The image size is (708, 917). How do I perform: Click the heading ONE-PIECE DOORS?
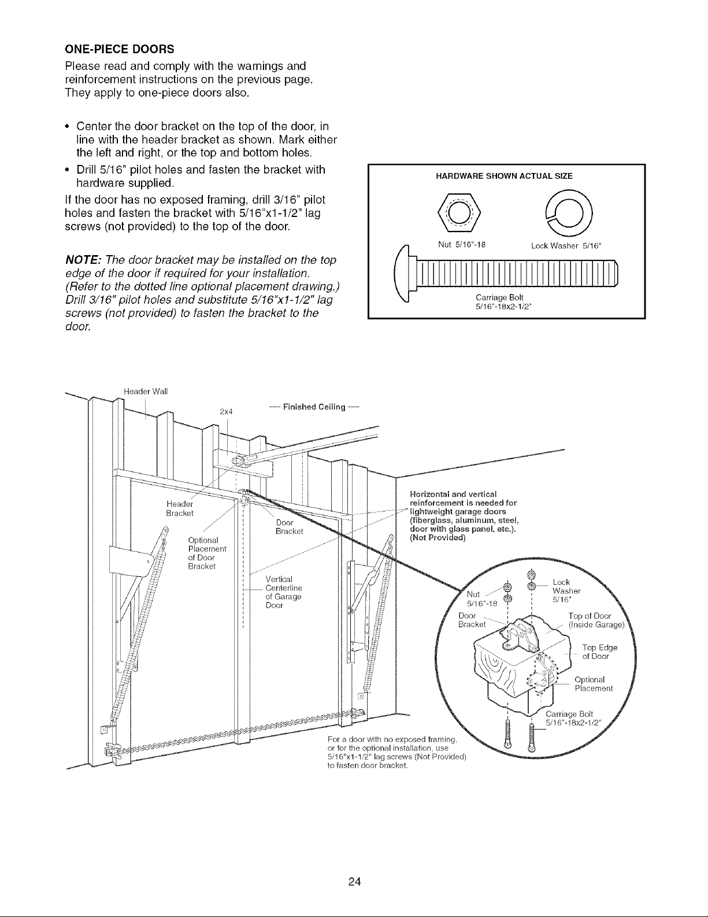pyautogui.click(x=119, y=49)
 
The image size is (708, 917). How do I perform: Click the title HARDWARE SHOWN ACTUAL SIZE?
pyautogui.click(x=504, y=176)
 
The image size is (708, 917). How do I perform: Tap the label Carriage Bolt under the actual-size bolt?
pyautogui.click(x=499, y=297)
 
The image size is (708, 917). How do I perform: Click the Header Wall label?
pyautogui.click(x=146, y=391)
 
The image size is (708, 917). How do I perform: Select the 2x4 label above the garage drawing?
pyautogui.click(x=227, y=411)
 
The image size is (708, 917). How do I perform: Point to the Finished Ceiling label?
pyautogui.click(x=314, y=407)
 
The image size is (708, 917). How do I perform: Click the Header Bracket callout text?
pyautogui.click(x=180, y=509)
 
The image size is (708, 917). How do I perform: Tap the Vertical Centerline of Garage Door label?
pyautogui.click(x=284, y=592)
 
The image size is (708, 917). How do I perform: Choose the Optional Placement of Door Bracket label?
pyautogui.click(x=207, y=553)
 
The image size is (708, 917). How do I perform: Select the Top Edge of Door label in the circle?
pyautogui.click(x=599, y=652)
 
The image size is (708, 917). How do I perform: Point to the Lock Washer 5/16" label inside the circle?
pyautogui.click(x=566, y=591)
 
